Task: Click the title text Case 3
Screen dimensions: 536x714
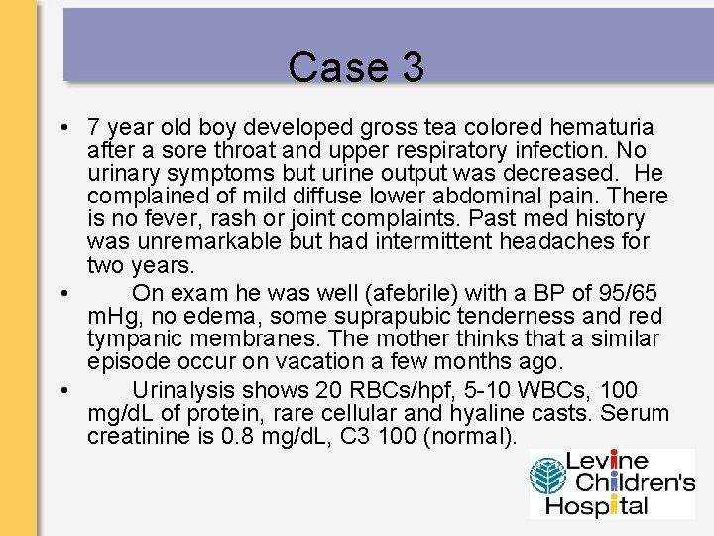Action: tap(356, 67)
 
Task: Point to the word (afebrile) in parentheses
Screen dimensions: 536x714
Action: tap(388, 294)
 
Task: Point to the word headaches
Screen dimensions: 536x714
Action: tap(518, 241)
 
